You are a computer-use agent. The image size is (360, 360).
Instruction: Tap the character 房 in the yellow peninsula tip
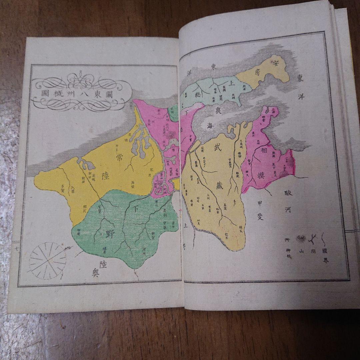(x=257, y=73)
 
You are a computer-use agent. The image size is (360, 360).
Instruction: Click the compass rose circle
(x=47, y=260)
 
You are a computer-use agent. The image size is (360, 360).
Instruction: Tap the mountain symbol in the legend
(x=302, y=238)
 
